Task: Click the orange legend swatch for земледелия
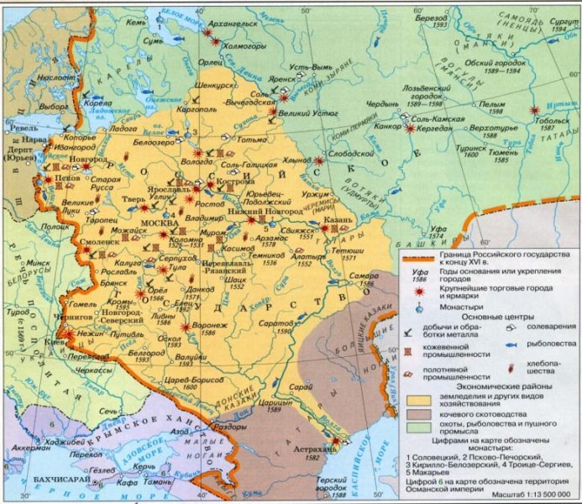pyautogui.click(x=414, y=398)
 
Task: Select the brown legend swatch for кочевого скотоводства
pyautogui.click(x=414, y=413)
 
